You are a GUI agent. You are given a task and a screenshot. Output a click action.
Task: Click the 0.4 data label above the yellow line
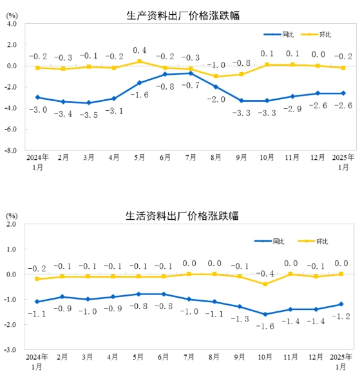140,50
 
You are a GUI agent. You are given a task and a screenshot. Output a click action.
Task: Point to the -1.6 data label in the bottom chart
266,327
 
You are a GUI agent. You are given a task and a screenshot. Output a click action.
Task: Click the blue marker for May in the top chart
139,82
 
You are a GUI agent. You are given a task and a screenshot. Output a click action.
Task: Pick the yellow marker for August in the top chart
216,76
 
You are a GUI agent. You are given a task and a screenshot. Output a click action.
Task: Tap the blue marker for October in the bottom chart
266,314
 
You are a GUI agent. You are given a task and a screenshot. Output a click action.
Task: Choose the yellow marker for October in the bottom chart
266,284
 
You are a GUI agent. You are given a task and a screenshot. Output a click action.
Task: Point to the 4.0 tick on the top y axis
12,24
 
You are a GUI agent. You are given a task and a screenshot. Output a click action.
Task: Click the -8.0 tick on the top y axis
12,150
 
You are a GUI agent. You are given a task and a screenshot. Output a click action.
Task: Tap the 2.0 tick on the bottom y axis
12,224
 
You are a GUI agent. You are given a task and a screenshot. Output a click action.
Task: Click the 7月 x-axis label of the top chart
190,157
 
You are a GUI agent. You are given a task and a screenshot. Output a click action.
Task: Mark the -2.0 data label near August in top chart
216,99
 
